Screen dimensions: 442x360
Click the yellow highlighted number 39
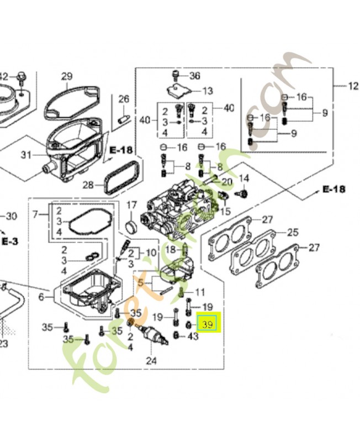[x=208, y=324]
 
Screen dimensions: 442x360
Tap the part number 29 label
[x=67, y=76]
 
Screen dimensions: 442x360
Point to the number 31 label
[x=27, y=155]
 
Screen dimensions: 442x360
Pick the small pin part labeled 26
[x=124, y=118]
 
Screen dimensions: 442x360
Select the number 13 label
[x=207, y=91]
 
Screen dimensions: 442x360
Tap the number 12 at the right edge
[x=353, y=86]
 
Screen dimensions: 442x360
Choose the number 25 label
[x=308, y=233]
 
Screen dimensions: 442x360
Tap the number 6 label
[x=41, y=297]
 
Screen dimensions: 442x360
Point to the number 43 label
[x=193, y=336]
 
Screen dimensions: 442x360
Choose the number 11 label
[x=200, y=292]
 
